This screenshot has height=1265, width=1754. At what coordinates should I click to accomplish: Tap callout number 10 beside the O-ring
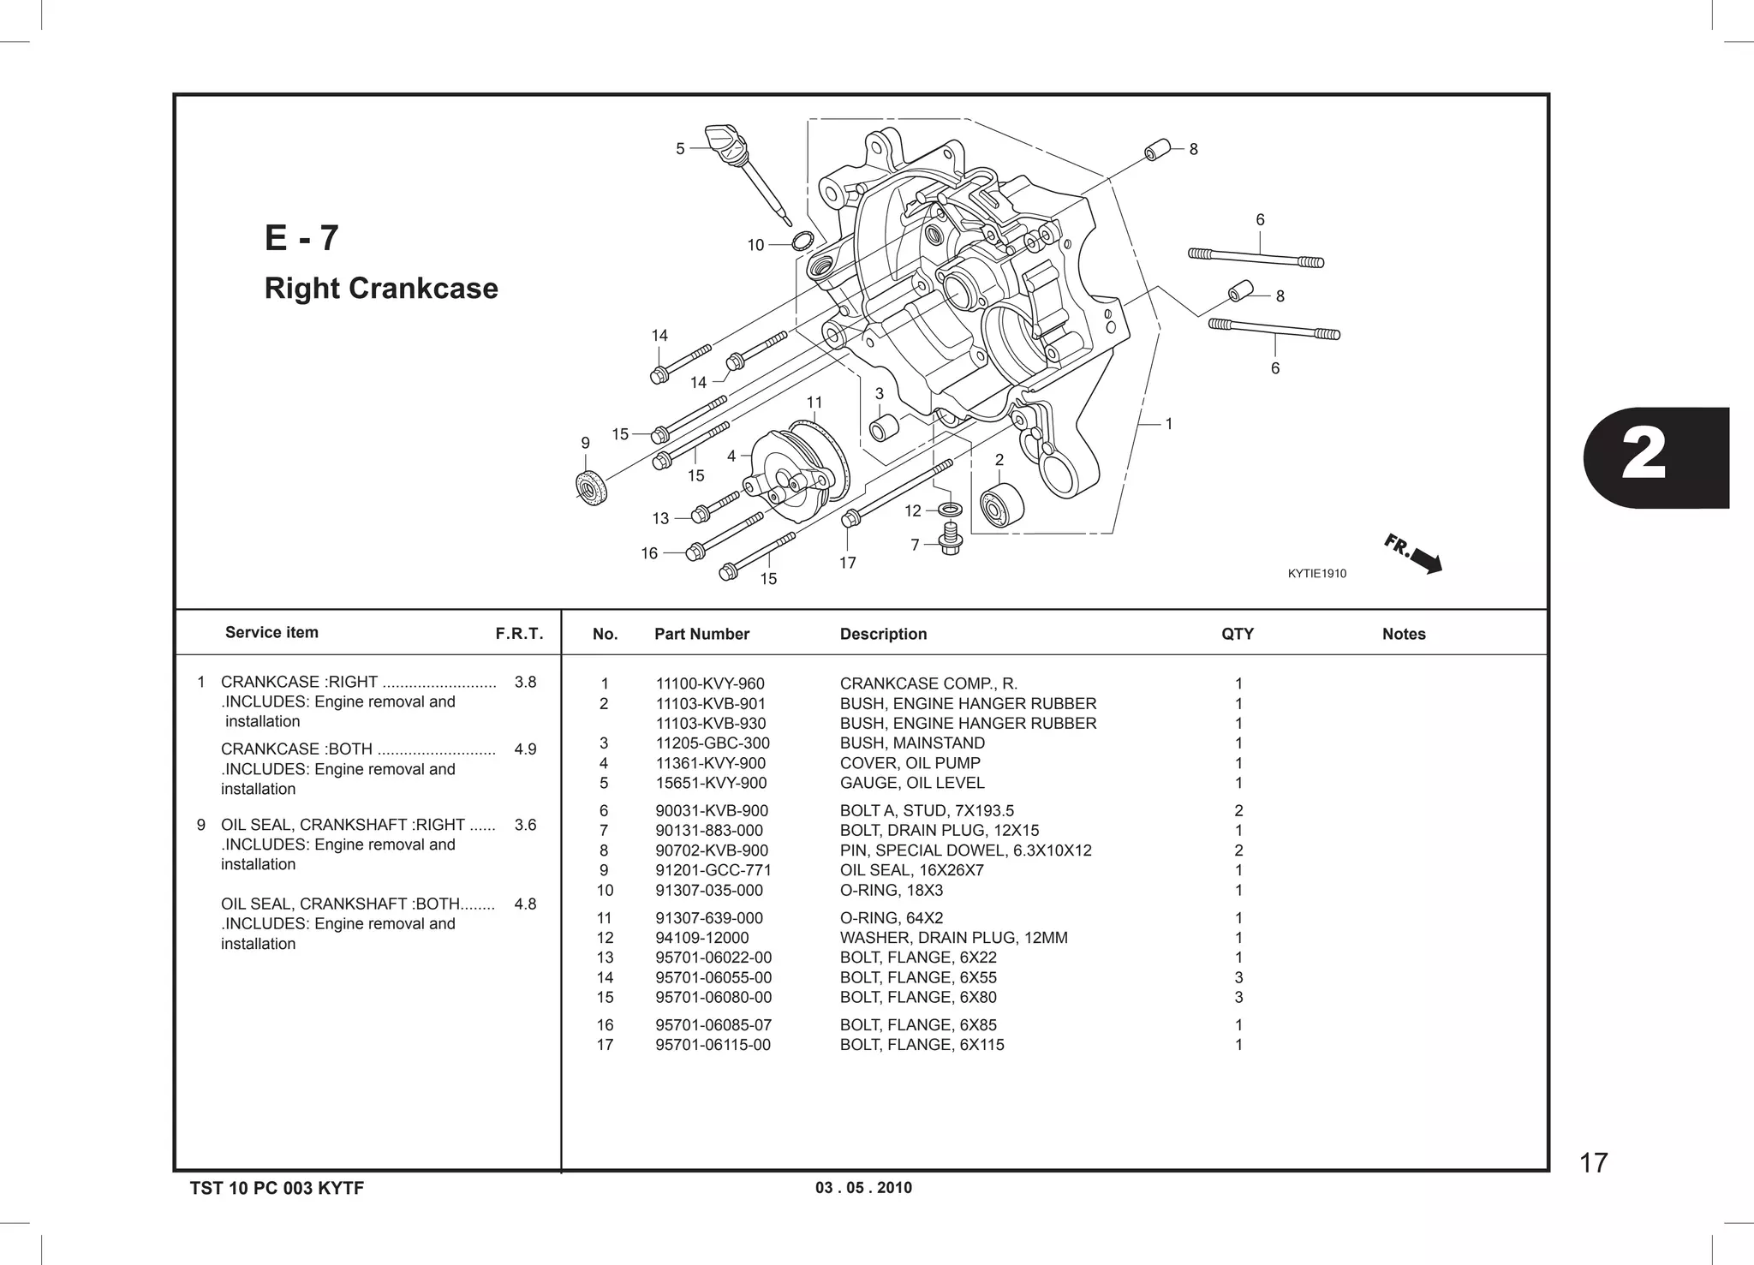tap(755, 245)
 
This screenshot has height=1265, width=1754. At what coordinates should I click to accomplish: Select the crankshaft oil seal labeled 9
tap(591, 488)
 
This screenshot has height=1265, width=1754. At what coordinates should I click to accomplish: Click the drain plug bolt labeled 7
tap(950, 540)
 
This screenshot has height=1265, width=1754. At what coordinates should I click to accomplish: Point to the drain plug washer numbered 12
tap(950, 510)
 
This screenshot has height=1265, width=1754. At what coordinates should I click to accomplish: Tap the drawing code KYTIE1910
tap(1316, 574)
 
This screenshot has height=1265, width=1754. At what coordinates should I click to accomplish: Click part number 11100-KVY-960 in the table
tap(710, 683)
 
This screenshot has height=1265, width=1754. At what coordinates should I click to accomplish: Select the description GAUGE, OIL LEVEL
tap(911, 783)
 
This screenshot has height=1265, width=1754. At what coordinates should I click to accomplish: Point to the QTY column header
tap(1237, 634)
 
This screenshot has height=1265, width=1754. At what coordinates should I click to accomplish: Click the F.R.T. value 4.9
tap(525, 749)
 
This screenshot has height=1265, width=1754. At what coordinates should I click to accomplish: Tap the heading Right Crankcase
tap(381, 289)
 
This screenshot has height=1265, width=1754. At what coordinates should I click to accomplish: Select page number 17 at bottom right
tap(1593, 1163)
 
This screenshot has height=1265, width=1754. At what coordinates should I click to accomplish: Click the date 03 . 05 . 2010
tap(863, 1188)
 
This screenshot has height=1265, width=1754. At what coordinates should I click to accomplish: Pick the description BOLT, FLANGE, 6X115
tap(922, 1045)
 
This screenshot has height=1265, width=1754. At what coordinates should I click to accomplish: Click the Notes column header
tap(1403, 634)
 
